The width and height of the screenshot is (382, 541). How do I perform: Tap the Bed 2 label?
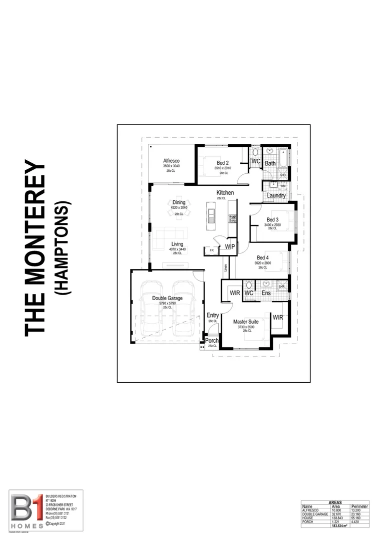(222, 163)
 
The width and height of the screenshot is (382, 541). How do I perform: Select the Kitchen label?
(224, 193)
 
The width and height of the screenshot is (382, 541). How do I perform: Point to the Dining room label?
(178, 202)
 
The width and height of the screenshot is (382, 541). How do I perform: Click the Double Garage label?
(167, 298)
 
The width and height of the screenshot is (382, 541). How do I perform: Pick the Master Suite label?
(246, 321)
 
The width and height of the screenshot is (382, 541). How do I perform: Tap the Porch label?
(212, 341)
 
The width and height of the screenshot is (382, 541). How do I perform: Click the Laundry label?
(276, 196)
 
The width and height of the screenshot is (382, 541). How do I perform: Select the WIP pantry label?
(230, 247)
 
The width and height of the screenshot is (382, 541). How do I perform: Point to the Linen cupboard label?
(226, 269)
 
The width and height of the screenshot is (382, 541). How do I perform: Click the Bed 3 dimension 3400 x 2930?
(272, 225)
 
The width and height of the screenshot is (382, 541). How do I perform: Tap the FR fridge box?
(211, 250)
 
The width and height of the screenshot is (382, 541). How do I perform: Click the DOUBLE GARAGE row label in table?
(314, 513)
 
